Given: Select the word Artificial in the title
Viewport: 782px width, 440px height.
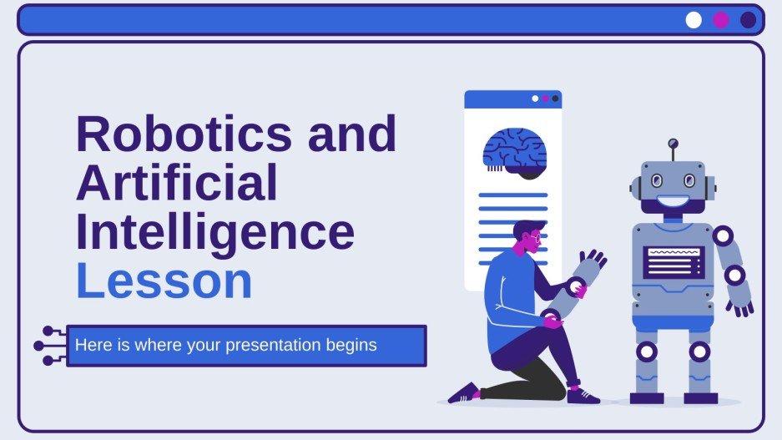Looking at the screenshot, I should pyautogui.click(x=176, y=185).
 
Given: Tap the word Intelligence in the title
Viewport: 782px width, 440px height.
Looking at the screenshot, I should pyautogui.click(x=214, y=234).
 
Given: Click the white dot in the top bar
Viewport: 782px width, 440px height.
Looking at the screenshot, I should pyautogui.click(x=694, y=20).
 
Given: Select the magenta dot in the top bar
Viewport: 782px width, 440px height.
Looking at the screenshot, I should pyautogui.click(x=721, y=20).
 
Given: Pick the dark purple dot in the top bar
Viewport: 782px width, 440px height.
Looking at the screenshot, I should pyautogui.click(x=749, y=20).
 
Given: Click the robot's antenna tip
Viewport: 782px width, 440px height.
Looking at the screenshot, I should pyautogui.click(x=674, y=144).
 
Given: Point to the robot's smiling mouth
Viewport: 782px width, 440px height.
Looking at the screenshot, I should pyautogui.click(x=674, y=202).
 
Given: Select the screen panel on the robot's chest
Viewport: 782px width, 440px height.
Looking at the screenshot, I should pyautogui.click(x=674, y=261).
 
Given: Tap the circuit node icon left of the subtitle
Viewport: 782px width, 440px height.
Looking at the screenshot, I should pyautogui.click(x=48, y=346).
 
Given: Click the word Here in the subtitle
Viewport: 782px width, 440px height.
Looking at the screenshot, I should pyautogui.click(x=90, y=345).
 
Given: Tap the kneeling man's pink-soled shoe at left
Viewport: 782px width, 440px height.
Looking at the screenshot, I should pyautogui.click(x=464, y=393).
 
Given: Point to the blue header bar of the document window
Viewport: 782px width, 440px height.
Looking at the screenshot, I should pyautogui.click(x=512, y=99).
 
